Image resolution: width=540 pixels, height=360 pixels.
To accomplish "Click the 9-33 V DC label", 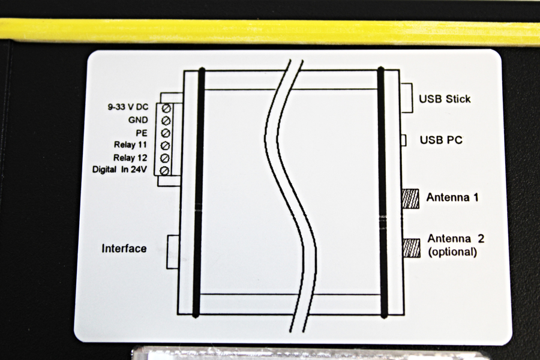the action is [128, 107].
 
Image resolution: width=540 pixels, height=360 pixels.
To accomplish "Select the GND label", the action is [138, 120].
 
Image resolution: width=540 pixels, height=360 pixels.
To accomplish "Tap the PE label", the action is [142, 133].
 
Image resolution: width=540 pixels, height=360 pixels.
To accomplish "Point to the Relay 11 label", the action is [131, 145].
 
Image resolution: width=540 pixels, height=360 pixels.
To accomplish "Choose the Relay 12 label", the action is [131, 158].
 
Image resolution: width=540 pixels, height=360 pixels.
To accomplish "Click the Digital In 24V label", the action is [120, 169].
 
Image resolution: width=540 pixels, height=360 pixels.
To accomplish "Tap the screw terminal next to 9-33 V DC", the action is [166, 109].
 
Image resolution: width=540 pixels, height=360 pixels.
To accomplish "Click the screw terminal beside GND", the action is [166, 121].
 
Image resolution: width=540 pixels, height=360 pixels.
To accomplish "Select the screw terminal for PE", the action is [166, 133].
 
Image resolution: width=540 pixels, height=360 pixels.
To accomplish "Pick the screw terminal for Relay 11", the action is [166, 145].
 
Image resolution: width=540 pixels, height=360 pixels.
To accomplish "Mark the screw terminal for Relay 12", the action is [166, 158].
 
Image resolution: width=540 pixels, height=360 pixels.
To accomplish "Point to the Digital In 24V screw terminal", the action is [166, 170].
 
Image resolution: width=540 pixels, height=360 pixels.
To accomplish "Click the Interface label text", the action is [124, 248].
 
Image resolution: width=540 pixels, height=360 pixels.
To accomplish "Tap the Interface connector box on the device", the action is [173, 252].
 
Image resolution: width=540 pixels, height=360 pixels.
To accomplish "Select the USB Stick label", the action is [445, 99].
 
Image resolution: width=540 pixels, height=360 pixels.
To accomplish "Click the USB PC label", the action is [441, 140].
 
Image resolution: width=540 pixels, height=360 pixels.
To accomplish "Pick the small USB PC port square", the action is [403, 140].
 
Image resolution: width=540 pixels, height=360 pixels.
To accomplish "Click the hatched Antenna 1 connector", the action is [410, 199].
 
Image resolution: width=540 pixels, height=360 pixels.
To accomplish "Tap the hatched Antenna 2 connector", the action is [411, 248].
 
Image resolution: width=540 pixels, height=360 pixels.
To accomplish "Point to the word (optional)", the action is [452, 252].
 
